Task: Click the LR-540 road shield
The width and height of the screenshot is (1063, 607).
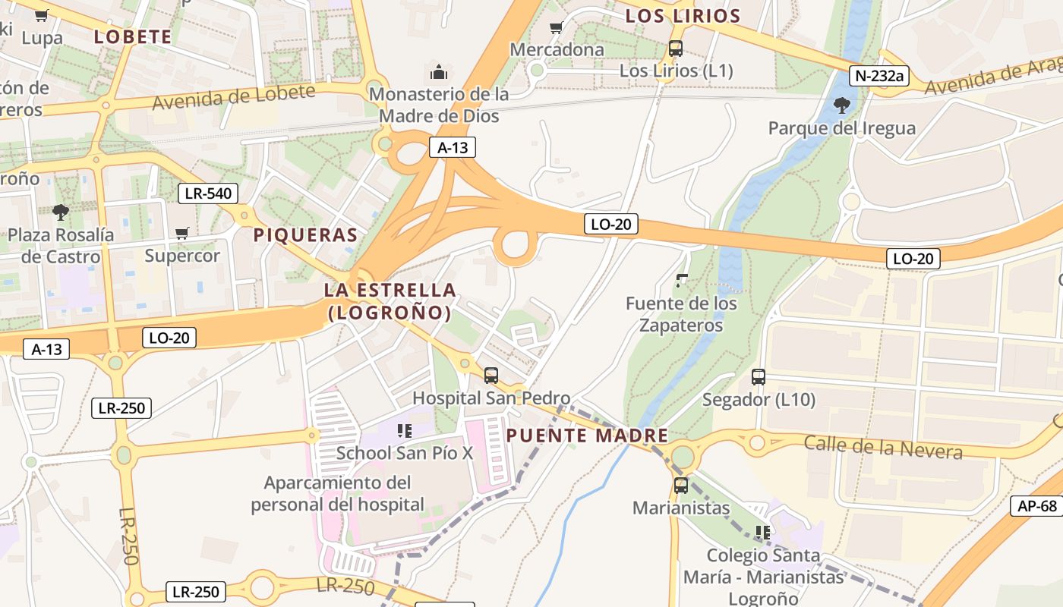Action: click(x=208, y=193)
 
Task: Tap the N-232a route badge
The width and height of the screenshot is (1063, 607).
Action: click(x=878, y=75)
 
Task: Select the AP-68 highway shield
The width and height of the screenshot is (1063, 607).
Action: click(x=1036, y=506)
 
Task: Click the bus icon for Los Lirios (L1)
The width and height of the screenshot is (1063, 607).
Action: click(x=675, y=49)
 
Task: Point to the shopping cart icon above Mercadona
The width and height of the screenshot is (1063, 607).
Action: click(x=556, y=28)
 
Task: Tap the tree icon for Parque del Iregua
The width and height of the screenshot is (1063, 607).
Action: click(x=841, y=105)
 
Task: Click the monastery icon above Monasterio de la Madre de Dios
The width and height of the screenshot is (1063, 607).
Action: click(x=438, y=72)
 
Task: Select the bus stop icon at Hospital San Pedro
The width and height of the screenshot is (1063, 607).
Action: click(x=491, y=375)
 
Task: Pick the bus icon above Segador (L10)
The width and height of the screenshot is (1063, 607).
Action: click(x=758, y=376)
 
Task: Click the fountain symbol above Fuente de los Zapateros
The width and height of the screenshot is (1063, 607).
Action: click(x=681, y=281)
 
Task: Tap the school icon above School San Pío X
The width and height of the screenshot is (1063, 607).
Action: click(x=404, y=431)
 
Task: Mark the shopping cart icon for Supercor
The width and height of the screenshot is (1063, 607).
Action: click(x=181, y=233)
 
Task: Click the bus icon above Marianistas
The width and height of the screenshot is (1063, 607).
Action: click(x=680, y=486)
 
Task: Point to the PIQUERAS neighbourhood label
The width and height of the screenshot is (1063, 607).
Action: click(x=305, y=235)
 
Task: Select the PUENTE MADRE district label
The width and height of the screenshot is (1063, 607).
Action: click(x=587, y=436)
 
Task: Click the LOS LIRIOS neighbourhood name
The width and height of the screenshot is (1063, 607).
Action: click(x=683, y=16)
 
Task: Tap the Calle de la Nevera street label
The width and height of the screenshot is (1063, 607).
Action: click(x=883, y=448)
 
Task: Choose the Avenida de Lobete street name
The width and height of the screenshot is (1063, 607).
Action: click(x=234, y=96)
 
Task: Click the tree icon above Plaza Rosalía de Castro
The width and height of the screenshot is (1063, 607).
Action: click(x=61, y=212)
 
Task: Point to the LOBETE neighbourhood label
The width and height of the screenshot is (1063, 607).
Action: click(x=133, y=36)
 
